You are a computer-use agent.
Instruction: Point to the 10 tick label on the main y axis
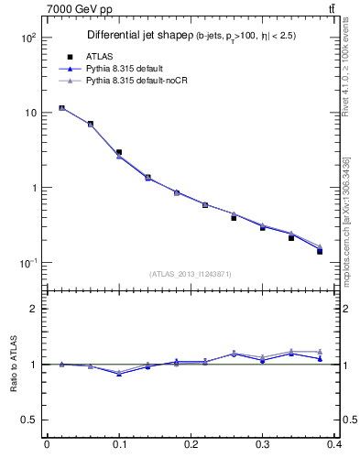[29, 113]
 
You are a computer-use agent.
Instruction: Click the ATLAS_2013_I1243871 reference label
[191, 275]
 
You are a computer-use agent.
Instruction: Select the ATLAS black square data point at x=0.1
[119, 152]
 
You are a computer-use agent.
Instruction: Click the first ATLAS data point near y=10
[61, 108]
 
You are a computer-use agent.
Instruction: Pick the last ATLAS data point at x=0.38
[320, 251]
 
